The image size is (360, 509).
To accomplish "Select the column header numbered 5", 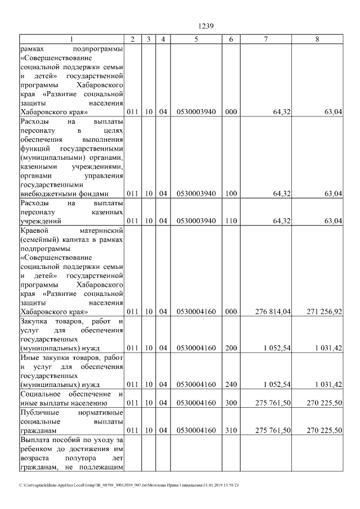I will pos(196,39).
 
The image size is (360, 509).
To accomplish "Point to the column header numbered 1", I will pos(71,39).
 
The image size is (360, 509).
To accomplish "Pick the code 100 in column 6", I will pos(231,193).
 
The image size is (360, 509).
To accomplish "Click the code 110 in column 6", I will pos(231,220).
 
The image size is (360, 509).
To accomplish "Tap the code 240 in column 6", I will pos(231,385).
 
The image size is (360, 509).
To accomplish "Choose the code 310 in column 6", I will pos(231,430).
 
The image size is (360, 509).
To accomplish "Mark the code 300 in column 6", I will pos(231,403).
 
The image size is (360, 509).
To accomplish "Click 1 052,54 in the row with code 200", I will pos(276,348).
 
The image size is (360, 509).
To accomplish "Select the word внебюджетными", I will pos(47,193).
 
